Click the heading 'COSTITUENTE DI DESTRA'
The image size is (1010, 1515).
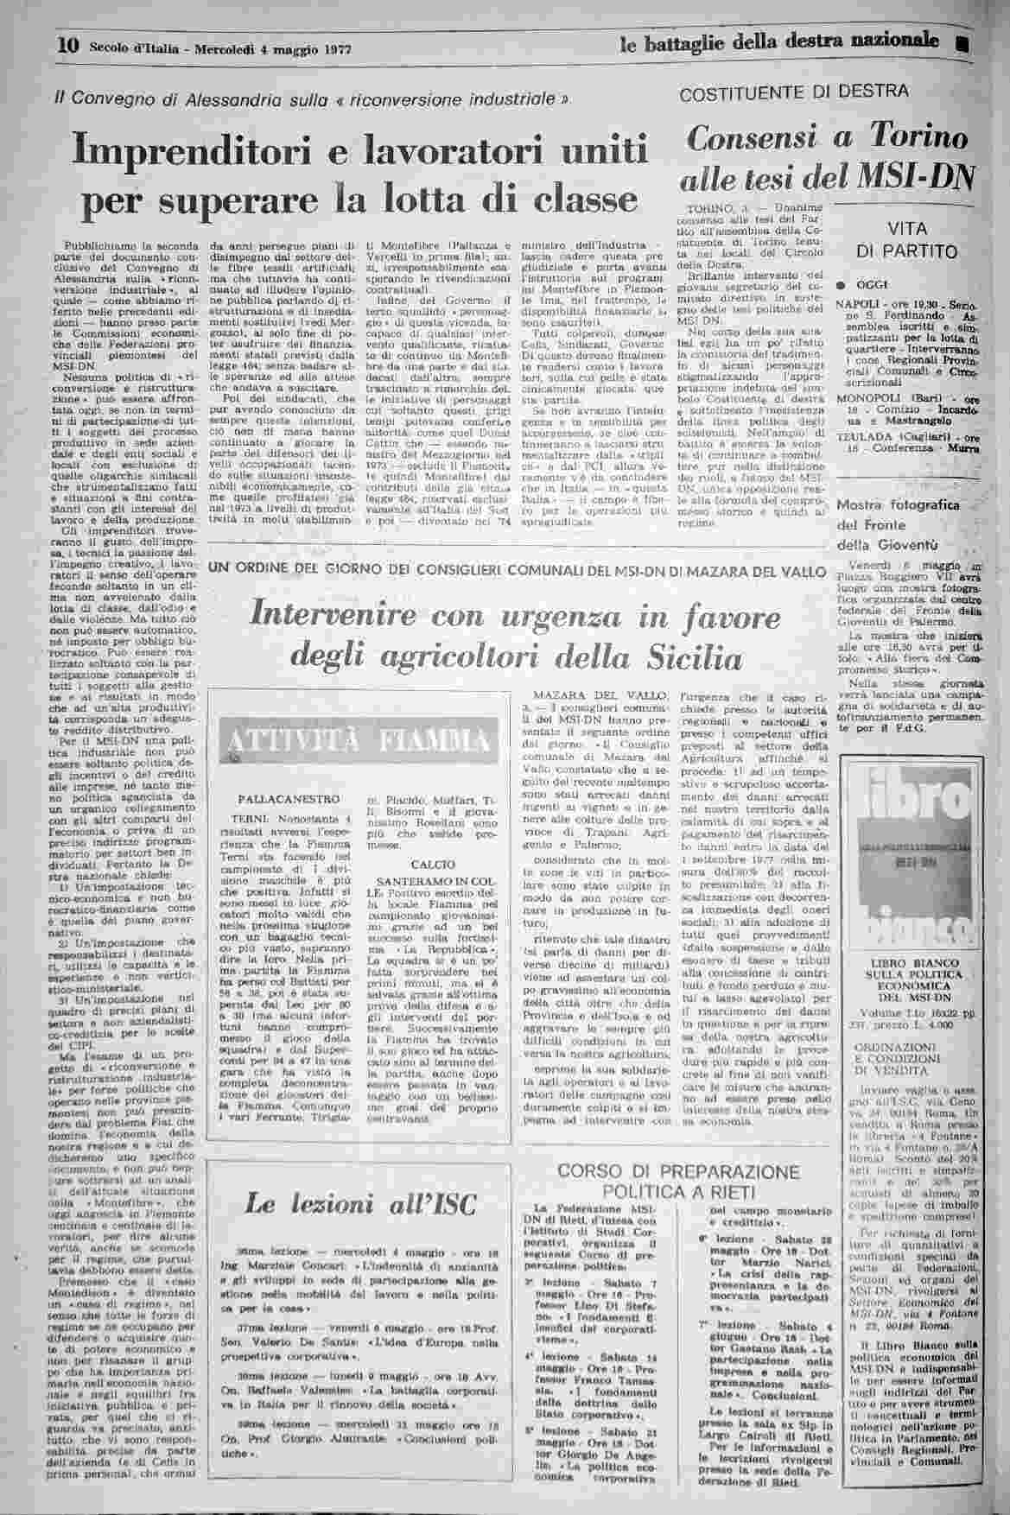pos(794,92)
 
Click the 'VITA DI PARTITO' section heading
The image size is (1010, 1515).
pos(906,241)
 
